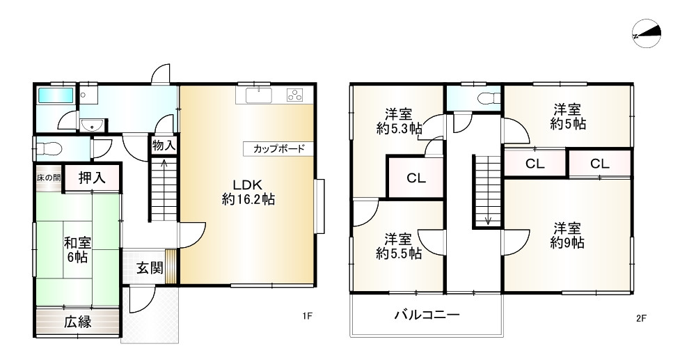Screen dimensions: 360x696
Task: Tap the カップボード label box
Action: (x=274, y=149)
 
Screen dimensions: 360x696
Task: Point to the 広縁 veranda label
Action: (x=78, y=322)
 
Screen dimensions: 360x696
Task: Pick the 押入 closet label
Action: (x=91, y=178)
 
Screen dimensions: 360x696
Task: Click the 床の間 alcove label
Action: (x=48, y=178)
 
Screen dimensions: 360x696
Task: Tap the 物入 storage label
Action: (x=163, y=146)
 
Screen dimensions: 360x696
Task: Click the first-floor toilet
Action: (x=49, y=148)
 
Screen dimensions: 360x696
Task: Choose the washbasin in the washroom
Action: (x=91, y=125)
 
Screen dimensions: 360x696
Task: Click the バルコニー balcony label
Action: (x=427, y=315)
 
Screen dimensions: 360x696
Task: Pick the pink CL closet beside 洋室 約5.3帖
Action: (x=416, y=178)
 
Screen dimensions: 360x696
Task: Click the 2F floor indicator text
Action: (x=641, y=318)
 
